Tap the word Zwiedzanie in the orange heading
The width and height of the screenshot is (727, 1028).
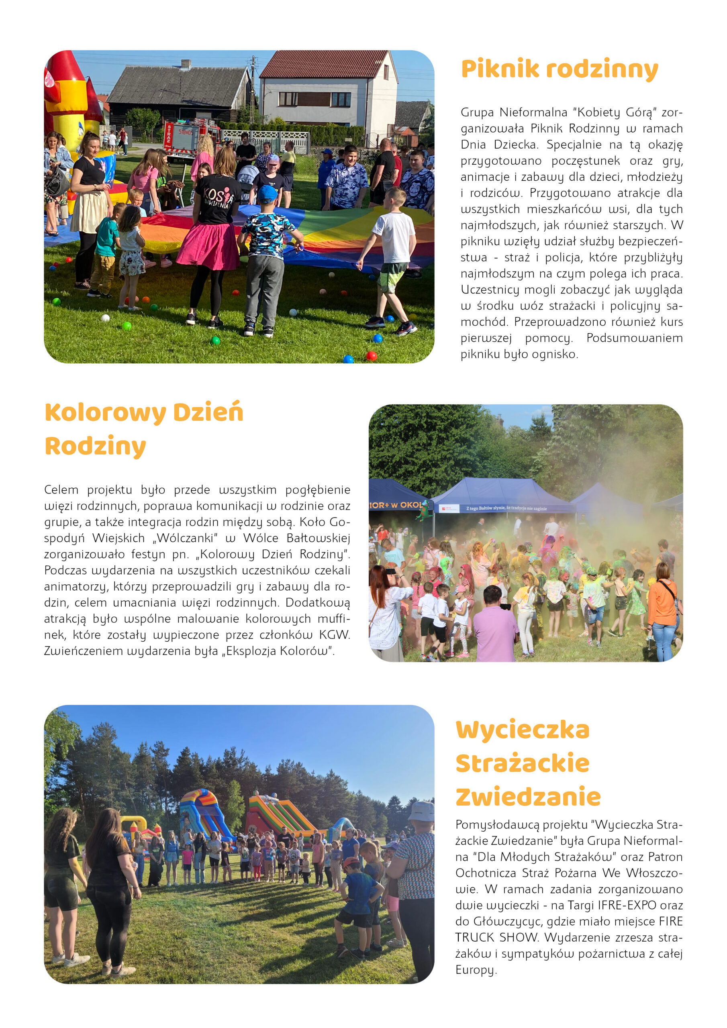click(x=528, y=797)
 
